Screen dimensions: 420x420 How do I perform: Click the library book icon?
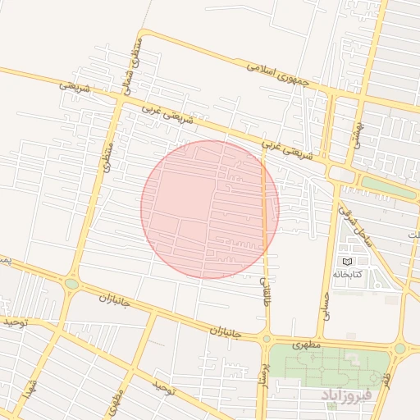345,260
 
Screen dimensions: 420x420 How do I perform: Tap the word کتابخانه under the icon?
347,273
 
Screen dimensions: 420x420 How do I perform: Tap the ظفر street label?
386,378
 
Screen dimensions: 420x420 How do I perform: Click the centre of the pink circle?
210,209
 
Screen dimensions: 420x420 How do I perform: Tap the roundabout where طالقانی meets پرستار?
266,338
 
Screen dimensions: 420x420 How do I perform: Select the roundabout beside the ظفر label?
399,349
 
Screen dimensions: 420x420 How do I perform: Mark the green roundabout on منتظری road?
71,284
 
